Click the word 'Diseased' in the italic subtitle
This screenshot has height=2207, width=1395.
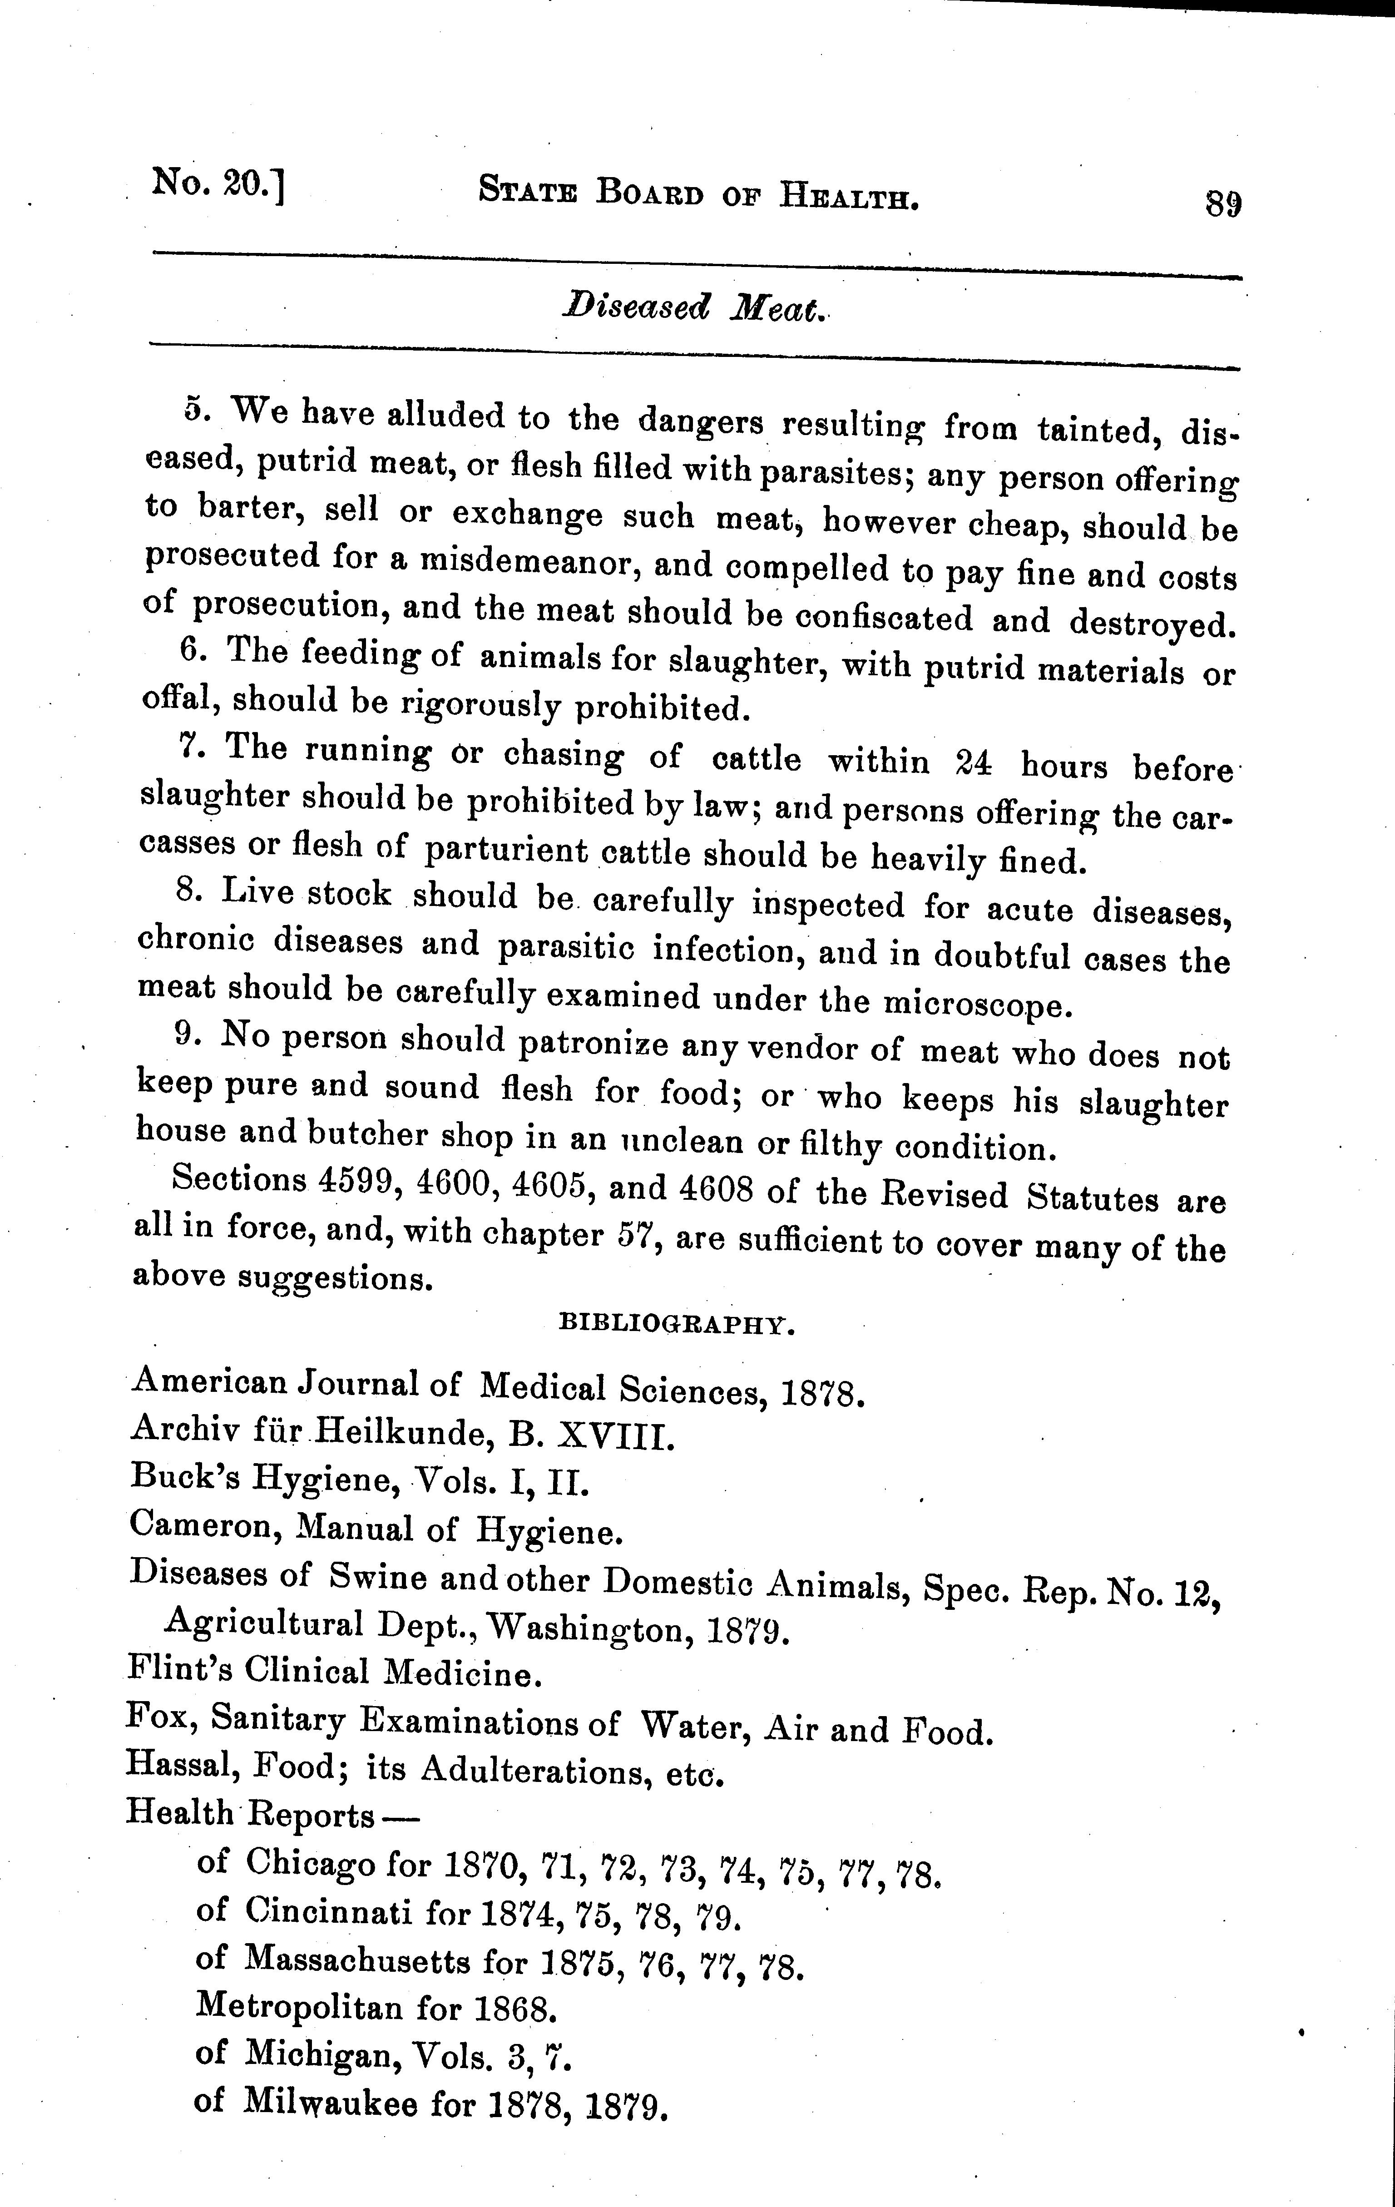(x=636, y=307)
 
